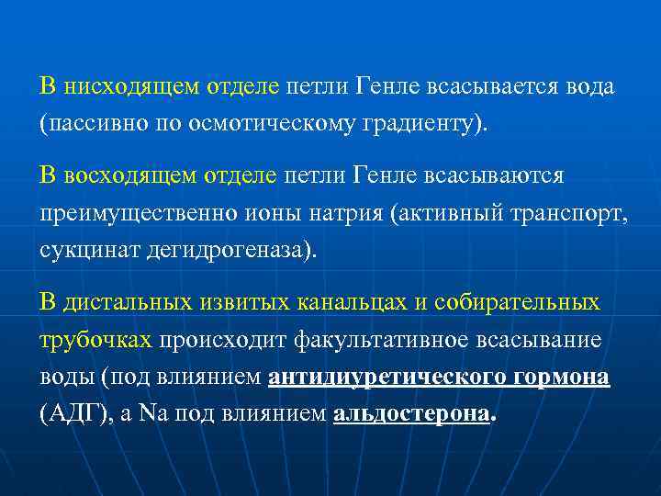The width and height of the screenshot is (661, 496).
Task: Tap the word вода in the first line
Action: pyautogui.click(x=588, y=86)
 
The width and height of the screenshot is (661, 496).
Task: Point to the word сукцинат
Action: pyautogui.click(x=89, y=250)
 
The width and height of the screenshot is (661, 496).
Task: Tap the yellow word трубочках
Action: pyautogui.click(x=95, y=339)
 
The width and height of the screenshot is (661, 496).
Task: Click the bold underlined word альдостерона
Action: pyautogui.click(x=410, y=414)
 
